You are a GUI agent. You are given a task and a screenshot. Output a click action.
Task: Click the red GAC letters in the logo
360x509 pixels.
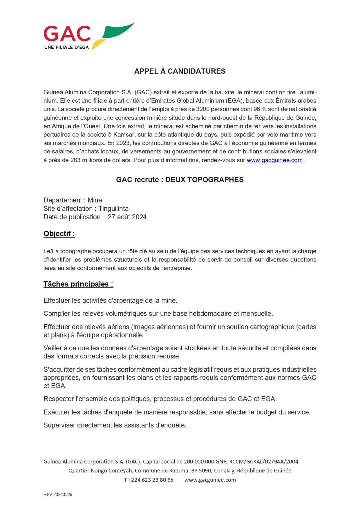coord(67,34)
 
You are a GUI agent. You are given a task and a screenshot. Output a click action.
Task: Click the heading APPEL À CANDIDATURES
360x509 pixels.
coord(180,71)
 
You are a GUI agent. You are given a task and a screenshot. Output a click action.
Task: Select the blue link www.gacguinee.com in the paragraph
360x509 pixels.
coord(274,160)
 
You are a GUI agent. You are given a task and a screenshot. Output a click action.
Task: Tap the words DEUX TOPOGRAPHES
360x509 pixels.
coord(204,180)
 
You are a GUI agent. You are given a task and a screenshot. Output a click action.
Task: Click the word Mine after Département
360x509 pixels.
coord(95,200)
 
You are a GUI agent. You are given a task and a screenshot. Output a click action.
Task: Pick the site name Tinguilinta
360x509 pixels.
coord(113,209)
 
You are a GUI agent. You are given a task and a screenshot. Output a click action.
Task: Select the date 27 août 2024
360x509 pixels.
coord(127,217)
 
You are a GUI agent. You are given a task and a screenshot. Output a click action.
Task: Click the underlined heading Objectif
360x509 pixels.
coord(59,234)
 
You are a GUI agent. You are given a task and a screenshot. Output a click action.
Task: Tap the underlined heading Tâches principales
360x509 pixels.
coord(78,284)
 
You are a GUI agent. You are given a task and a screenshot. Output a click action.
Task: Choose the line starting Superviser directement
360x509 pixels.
coord(115,425)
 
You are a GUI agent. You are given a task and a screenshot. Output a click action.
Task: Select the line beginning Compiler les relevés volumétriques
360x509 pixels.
coord(158,314)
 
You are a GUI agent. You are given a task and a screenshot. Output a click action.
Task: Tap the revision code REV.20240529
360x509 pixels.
coord(58,494)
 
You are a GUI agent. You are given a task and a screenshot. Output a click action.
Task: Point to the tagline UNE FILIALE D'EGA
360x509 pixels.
coord(66,47)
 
